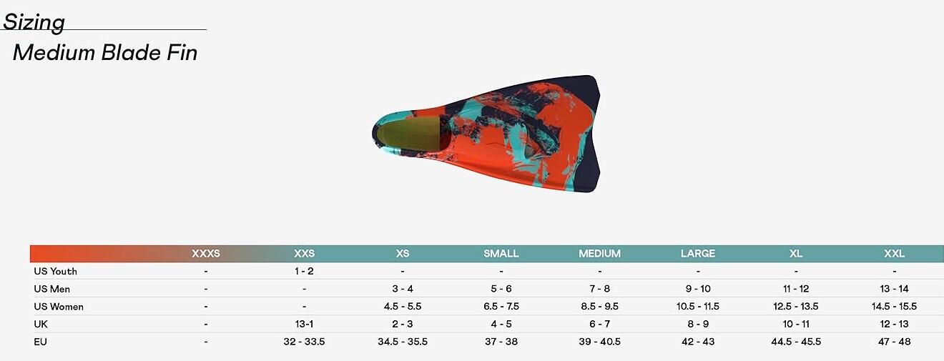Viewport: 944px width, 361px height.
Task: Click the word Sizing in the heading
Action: pyautogui.click(x=34, y=22)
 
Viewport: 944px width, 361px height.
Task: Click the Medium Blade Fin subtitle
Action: pyautogui.click(x=105, y=53)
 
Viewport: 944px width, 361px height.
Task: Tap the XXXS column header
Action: pyautogui.click(x=206, y=254)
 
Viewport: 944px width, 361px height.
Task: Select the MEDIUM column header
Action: pyautogui.click(x=599, y=254)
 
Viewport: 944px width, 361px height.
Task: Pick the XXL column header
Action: pyautogui.click(x=894, y=254)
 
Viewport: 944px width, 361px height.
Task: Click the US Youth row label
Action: pyautogui.click(x=55, y=271)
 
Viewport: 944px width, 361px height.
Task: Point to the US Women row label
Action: pyautogui.click(x=59, y=307)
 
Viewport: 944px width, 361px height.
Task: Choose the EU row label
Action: pyautogui.click(x=40, y=342)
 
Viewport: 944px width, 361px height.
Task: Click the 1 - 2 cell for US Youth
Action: pyautogui.click(x=304, y=271)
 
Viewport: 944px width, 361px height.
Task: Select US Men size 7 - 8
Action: pyautogui.click(x=599, y=289)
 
